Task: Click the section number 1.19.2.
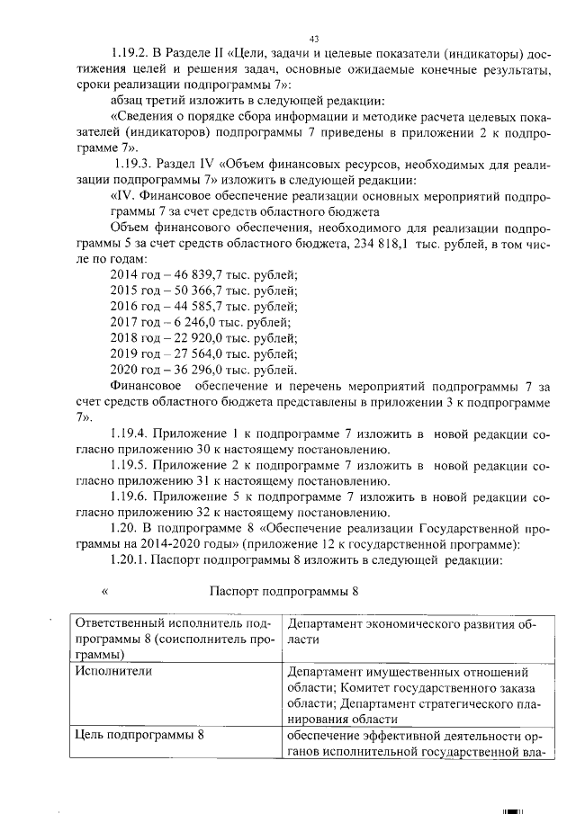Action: (131, 54)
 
